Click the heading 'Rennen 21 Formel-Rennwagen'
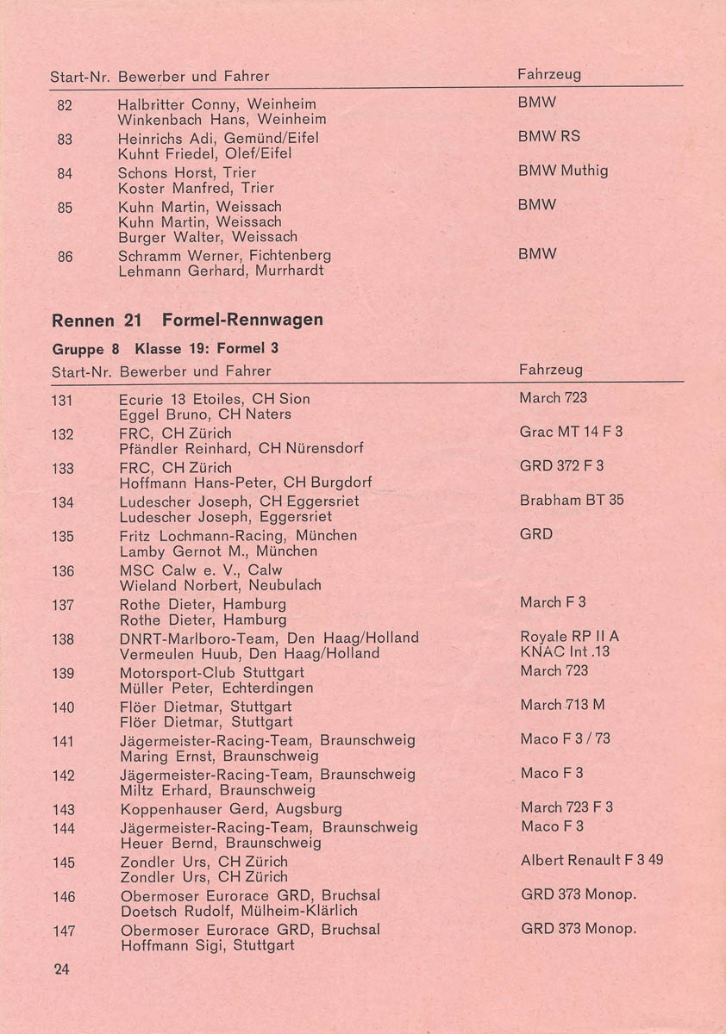point(187,321)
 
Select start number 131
point(62,400)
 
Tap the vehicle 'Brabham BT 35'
point(572,501)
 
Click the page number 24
point(61,969)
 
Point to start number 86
point(65,256)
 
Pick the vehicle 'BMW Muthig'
point(563,171)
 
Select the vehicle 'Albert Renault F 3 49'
point(591,860)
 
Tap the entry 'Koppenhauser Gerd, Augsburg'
point(231,809)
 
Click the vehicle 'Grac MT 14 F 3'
point(571,432)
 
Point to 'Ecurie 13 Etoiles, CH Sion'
point(214,399)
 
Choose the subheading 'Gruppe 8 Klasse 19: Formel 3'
point(165,349)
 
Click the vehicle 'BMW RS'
point(548,136)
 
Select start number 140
point(63,707)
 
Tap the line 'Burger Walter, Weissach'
point(208,237)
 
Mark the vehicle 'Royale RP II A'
point(569,637)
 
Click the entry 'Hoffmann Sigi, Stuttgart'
point(207,945)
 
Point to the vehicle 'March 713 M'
point(562,705)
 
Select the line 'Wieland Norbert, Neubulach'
point(220,586)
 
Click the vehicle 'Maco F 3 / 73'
point(565,739)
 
